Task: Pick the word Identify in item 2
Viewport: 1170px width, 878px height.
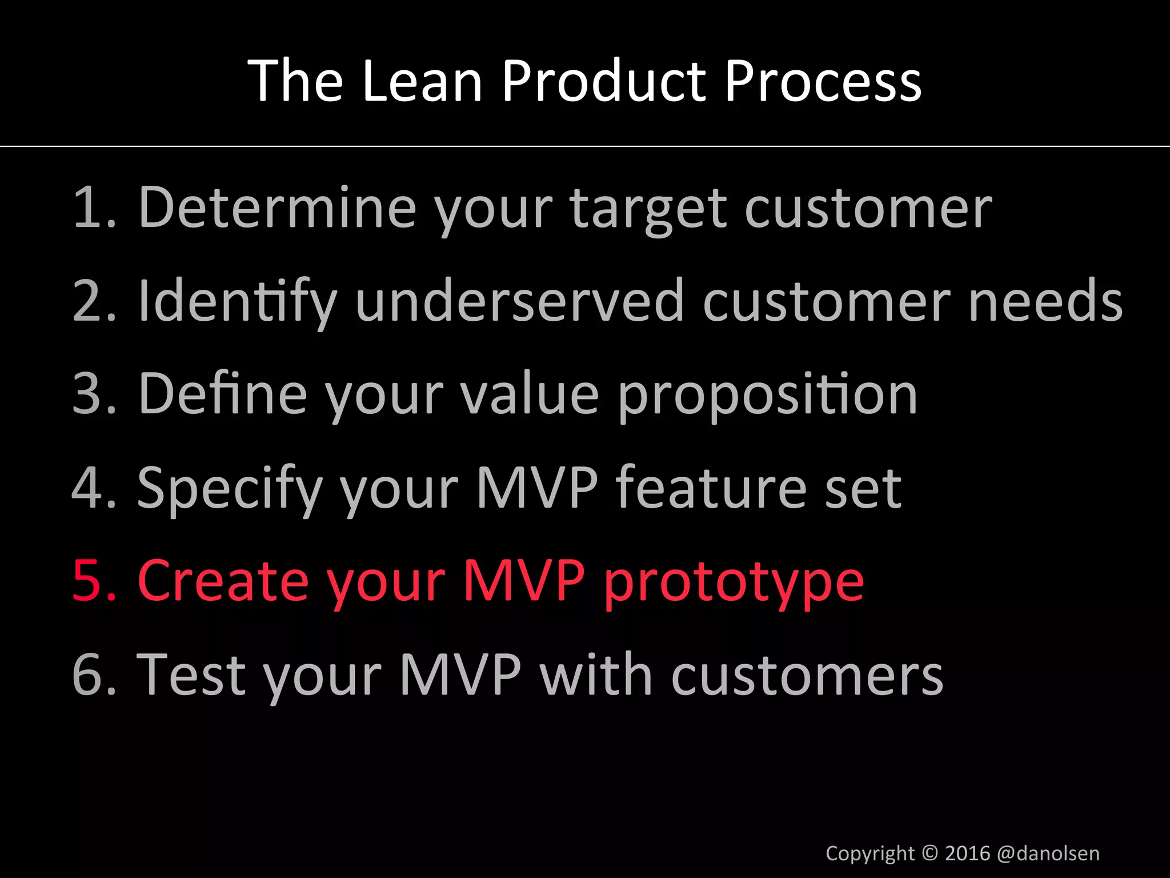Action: point(237,302)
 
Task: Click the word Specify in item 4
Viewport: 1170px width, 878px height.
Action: point(230,489)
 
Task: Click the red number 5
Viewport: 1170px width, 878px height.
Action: point(89,581)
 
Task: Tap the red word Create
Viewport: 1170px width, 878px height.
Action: point(223,581)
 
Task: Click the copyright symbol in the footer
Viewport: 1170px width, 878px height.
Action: point(930,853)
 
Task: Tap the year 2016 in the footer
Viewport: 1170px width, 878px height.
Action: point(967,853)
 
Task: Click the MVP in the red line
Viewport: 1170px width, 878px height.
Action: point(523,581)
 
